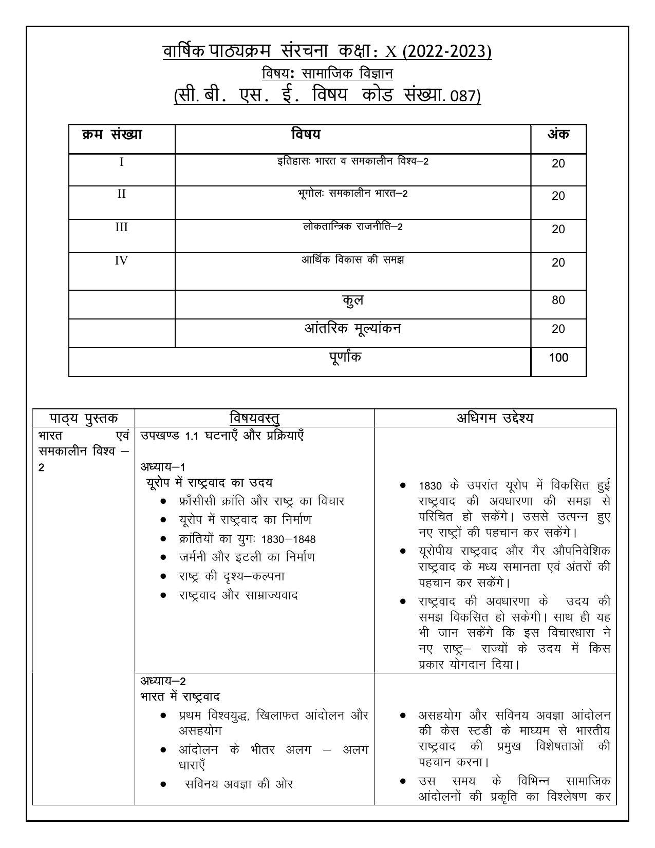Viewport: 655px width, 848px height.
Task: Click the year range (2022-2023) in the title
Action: pos(447,52)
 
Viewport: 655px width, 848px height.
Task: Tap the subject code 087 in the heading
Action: pos(463,97)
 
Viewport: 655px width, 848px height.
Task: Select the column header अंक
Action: pos(558,135)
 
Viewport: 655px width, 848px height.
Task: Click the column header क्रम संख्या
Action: pos(112,135)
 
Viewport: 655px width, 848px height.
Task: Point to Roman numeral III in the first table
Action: pos(121,227)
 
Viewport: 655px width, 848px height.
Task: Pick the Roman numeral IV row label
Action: pos(121,260)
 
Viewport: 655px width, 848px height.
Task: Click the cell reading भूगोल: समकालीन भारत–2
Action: pos(352,194)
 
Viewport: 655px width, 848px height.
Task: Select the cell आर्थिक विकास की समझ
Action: pos(352,260)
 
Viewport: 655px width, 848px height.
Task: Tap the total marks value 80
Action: pos(558,300)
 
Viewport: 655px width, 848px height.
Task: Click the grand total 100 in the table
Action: pos(558,358)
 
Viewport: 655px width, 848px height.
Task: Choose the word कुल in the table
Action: pos(352,300)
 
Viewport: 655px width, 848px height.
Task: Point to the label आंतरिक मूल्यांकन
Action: pos(352,329)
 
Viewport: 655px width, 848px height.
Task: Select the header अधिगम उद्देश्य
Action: pos(495,418)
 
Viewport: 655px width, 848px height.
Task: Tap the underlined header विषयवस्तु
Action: pos(254,418)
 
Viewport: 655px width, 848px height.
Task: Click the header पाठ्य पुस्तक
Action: pos(84,418)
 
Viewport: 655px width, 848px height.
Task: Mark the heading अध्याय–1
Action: pos(163,467)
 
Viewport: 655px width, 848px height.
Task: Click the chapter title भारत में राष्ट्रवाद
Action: pos(180,697)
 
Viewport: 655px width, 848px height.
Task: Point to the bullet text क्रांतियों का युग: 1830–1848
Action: pos(247,539)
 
